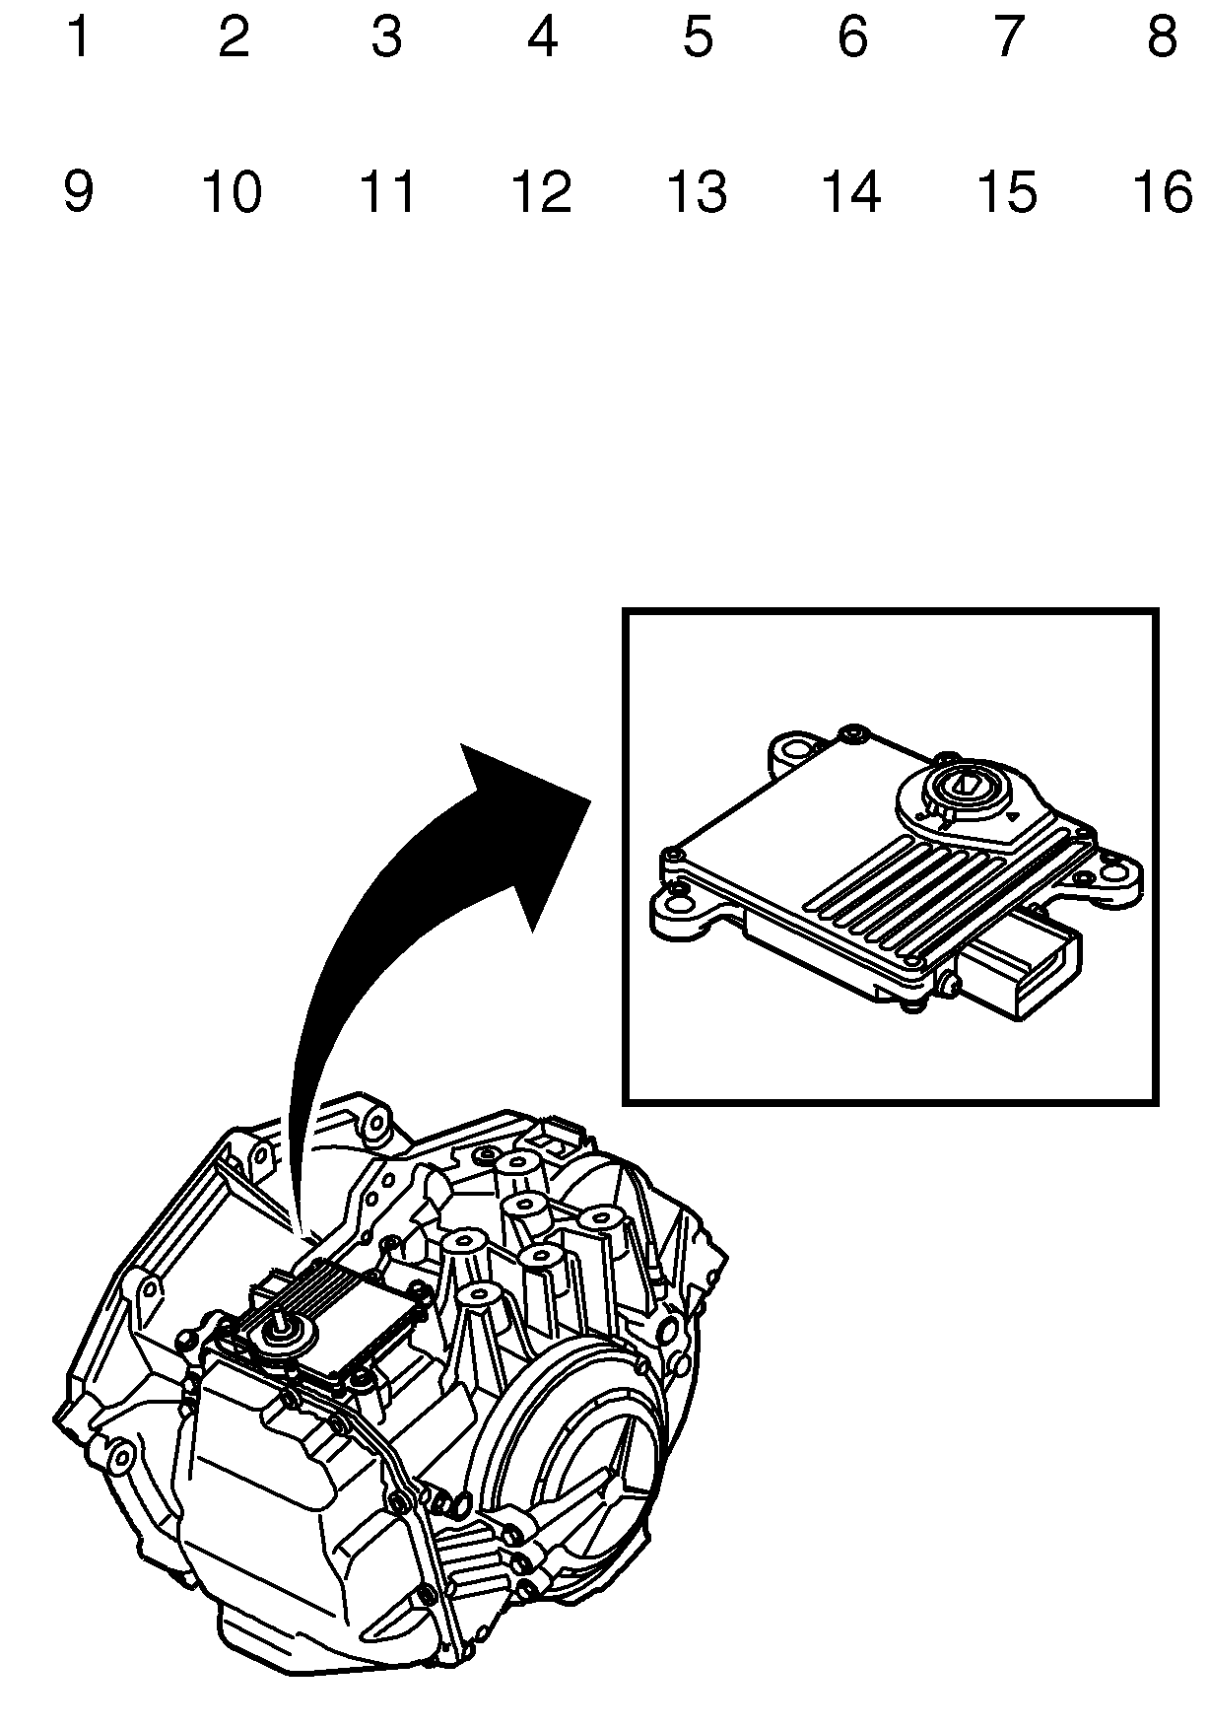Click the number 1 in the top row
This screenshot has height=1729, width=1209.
[x=78, y=37]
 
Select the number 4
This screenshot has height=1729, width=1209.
[x=542, y=37]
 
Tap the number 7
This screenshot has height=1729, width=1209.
[x=1006, y=37]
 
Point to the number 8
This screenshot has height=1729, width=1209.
[x=1162, y=37]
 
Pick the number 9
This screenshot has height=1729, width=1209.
[x=78, y=191]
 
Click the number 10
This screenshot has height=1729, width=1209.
[x=232, y=191]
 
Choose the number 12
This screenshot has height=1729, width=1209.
[x=542, y=191]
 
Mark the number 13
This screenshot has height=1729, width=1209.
[x=697, y=191]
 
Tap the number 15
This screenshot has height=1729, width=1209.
[x=1006, y=191]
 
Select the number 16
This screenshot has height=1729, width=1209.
[x=1162, y=191]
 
